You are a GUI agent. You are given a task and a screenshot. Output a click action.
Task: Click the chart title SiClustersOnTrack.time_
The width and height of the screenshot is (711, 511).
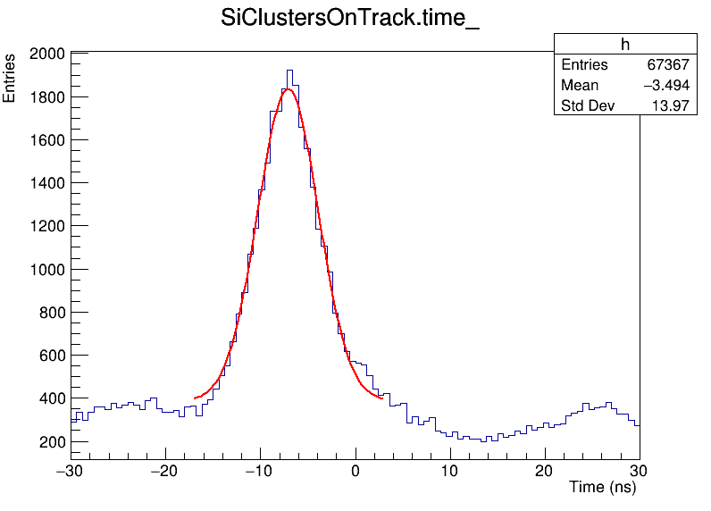tap(350, 19)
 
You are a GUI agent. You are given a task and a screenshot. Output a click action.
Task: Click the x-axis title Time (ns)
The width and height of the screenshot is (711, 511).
tap(603, 487)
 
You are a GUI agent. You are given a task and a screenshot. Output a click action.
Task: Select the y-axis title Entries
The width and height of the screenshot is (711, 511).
tap(10, 78)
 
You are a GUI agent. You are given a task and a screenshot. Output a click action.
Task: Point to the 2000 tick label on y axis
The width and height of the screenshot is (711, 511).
tap(46, 54)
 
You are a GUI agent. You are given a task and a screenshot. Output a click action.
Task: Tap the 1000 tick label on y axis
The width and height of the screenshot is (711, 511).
tap(46, 270)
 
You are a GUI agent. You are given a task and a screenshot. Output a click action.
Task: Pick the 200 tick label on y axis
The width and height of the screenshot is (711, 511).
tap(51, 442)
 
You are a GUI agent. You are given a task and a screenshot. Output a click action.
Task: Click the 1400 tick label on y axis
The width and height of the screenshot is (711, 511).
tap(46, 184)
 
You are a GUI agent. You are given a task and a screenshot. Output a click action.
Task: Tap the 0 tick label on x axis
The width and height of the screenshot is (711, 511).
tap(355, 471)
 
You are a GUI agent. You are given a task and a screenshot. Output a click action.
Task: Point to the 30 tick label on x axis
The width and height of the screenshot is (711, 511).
tap(639, 471)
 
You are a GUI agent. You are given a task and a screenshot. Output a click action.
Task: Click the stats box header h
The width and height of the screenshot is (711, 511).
tap(625, 45)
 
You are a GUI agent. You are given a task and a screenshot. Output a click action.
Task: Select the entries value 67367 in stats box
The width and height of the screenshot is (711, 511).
tap(667, 65)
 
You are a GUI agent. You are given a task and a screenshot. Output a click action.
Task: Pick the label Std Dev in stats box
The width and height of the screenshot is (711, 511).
tap(585, 106)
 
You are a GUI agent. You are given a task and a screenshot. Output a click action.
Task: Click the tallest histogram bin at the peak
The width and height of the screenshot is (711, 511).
tap(289, 71)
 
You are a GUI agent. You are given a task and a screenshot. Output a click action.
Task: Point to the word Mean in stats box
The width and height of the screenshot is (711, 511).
tap(580, 86)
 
